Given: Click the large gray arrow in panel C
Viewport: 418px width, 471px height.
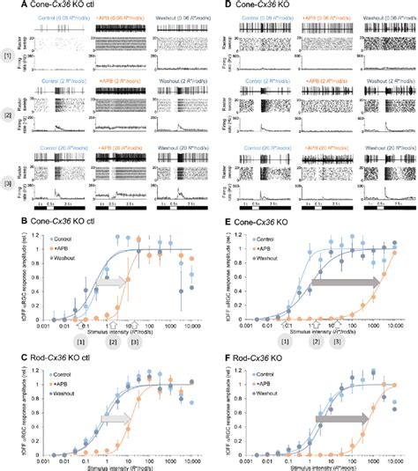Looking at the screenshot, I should point(115,420).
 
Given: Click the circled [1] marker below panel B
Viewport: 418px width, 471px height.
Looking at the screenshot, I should point(81,340).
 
